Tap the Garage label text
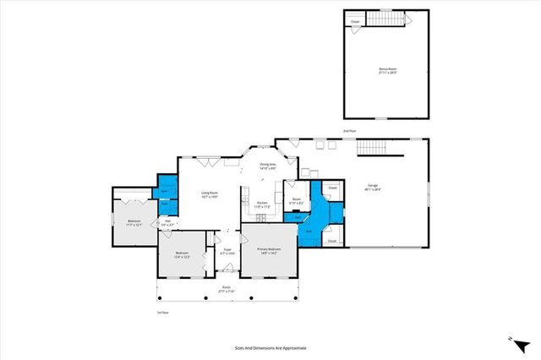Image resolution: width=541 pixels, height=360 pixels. click(373, 187)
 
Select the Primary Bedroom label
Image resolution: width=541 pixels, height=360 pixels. click(269, 251)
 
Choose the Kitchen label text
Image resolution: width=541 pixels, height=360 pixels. click(262, 204)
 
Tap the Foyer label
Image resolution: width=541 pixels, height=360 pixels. click(227, 250)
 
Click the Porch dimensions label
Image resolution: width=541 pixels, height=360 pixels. click(227, 292)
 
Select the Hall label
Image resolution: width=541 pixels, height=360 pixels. click(167, 223)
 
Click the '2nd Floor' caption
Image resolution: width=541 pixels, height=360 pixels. click(348, 132)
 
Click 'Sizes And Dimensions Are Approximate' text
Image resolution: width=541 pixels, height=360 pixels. click(270, 347)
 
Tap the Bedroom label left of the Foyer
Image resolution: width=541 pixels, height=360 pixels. click(182, 255)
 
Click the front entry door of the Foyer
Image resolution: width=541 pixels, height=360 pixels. click(226, 270)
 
